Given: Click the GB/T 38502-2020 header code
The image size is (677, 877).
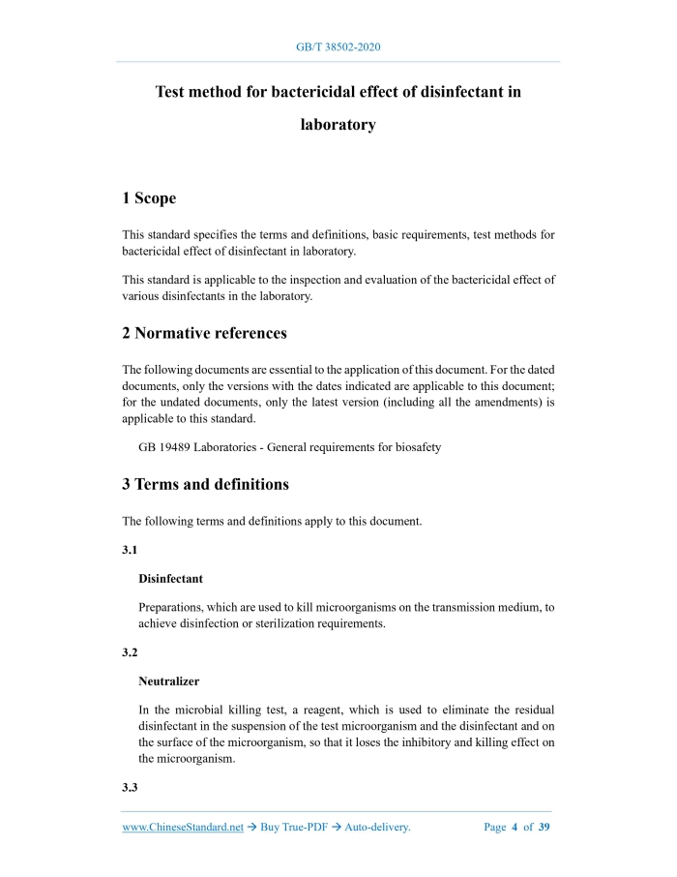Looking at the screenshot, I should pos(338,46).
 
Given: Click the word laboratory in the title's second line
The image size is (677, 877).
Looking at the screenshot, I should pos(338,125).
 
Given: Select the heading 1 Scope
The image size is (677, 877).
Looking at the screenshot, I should pos(149,198).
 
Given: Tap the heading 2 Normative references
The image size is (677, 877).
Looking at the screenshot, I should pos(204,333).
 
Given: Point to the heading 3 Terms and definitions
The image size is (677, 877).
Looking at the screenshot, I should pos(205,484).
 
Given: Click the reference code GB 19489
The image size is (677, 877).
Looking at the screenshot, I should pos(167,447).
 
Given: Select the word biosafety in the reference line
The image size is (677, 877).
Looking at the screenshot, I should pos(418,447).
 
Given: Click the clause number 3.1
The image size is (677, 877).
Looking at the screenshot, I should pos(131,548).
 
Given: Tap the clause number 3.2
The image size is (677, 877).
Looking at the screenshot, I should pos(131,652).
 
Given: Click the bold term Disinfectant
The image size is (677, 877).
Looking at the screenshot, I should pos(170,579).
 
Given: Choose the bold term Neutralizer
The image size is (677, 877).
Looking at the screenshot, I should pos(168,681).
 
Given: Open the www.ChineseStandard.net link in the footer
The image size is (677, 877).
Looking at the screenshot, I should pos(183,828).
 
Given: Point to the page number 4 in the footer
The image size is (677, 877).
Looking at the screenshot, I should pos(515,828).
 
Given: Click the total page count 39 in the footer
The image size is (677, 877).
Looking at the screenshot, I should pos(545,828).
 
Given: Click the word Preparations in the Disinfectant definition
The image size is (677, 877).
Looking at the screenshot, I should pos(171,607).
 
